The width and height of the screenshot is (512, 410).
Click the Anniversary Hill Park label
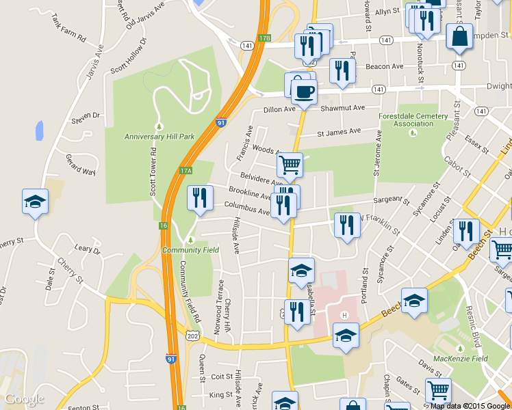pos(159,137)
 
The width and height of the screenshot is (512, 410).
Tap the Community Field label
pos(190,250)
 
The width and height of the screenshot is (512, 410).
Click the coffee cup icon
pos(305,92)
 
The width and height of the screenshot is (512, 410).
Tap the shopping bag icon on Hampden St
pos(459,36)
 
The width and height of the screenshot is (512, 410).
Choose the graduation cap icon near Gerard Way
pos(35,202)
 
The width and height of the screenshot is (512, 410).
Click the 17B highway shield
pos(266,39)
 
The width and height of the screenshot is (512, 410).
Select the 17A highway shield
pos(185,170)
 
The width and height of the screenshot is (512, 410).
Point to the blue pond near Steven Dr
pos(40,130)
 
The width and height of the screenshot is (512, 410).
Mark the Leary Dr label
pos(87,251)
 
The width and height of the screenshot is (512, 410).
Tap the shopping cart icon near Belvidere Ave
pos(290,165)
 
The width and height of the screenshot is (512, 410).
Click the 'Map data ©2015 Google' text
pos(470,405)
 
